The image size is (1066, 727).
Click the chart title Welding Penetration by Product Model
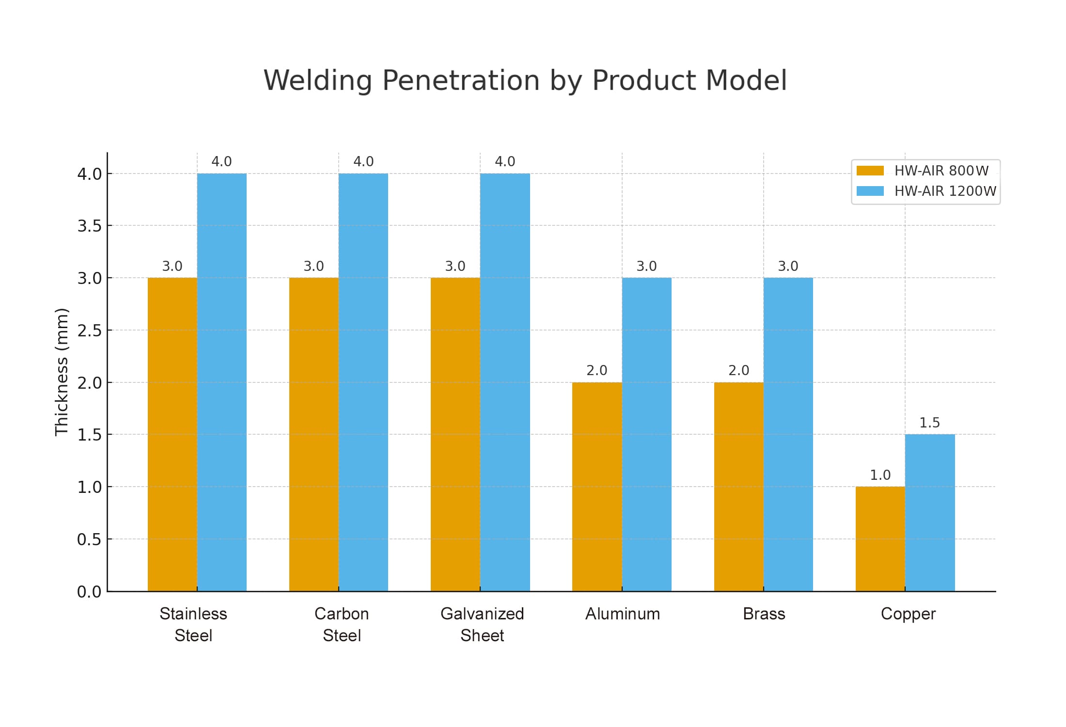coord(525,80)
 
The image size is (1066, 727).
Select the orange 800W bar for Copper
coord(880,538)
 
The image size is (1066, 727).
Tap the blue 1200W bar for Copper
coord(930,512)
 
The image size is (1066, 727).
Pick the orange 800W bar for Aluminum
coord(596,487)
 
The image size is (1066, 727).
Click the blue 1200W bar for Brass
coord(788,434)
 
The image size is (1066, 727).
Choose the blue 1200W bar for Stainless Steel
coord(221,382)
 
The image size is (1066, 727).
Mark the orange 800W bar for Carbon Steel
coord(314,434)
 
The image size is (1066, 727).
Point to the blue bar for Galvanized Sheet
coord(505,382)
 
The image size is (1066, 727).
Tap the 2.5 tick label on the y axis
coord(90,331)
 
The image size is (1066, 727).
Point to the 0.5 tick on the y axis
coord(90,539)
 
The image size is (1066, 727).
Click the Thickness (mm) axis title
coord(62,372)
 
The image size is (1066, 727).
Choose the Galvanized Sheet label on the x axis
coord(482,624)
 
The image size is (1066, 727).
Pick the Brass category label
coord(764,614)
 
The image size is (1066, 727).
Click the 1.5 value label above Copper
coord(929,423)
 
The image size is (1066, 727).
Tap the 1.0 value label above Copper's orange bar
coord(880,475)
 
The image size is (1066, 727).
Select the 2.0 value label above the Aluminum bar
coord(596,371)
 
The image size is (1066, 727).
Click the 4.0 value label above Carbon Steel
coord(363,162)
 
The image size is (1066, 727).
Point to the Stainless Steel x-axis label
coord(193,624)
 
